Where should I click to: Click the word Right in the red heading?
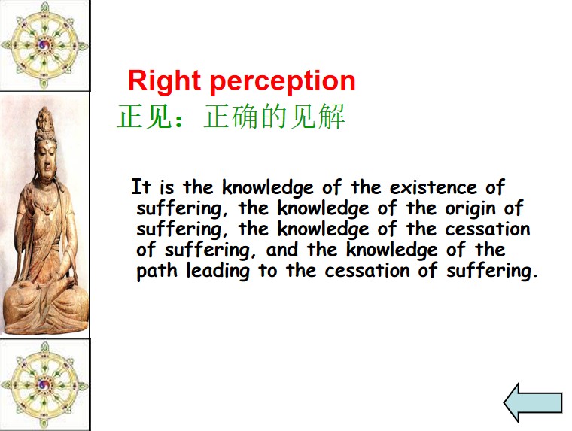click(165, 81)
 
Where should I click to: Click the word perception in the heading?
click(283, 83)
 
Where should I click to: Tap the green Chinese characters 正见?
click(145, 117)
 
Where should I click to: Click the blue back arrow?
click(533, 403)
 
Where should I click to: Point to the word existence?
click(433, 187)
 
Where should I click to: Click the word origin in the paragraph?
click(470, 209)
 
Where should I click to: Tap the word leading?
click(218, 272)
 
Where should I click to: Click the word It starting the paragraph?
click(141, 187)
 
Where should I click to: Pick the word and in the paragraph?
click(281, 250)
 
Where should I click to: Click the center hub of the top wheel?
click(45, 45)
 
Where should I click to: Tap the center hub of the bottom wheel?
click(44, 384)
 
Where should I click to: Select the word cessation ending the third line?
click(488, 229)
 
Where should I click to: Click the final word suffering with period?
click(492, 272)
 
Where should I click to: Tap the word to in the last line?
click(268, 272)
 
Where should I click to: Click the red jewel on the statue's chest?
click(47, 209)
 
